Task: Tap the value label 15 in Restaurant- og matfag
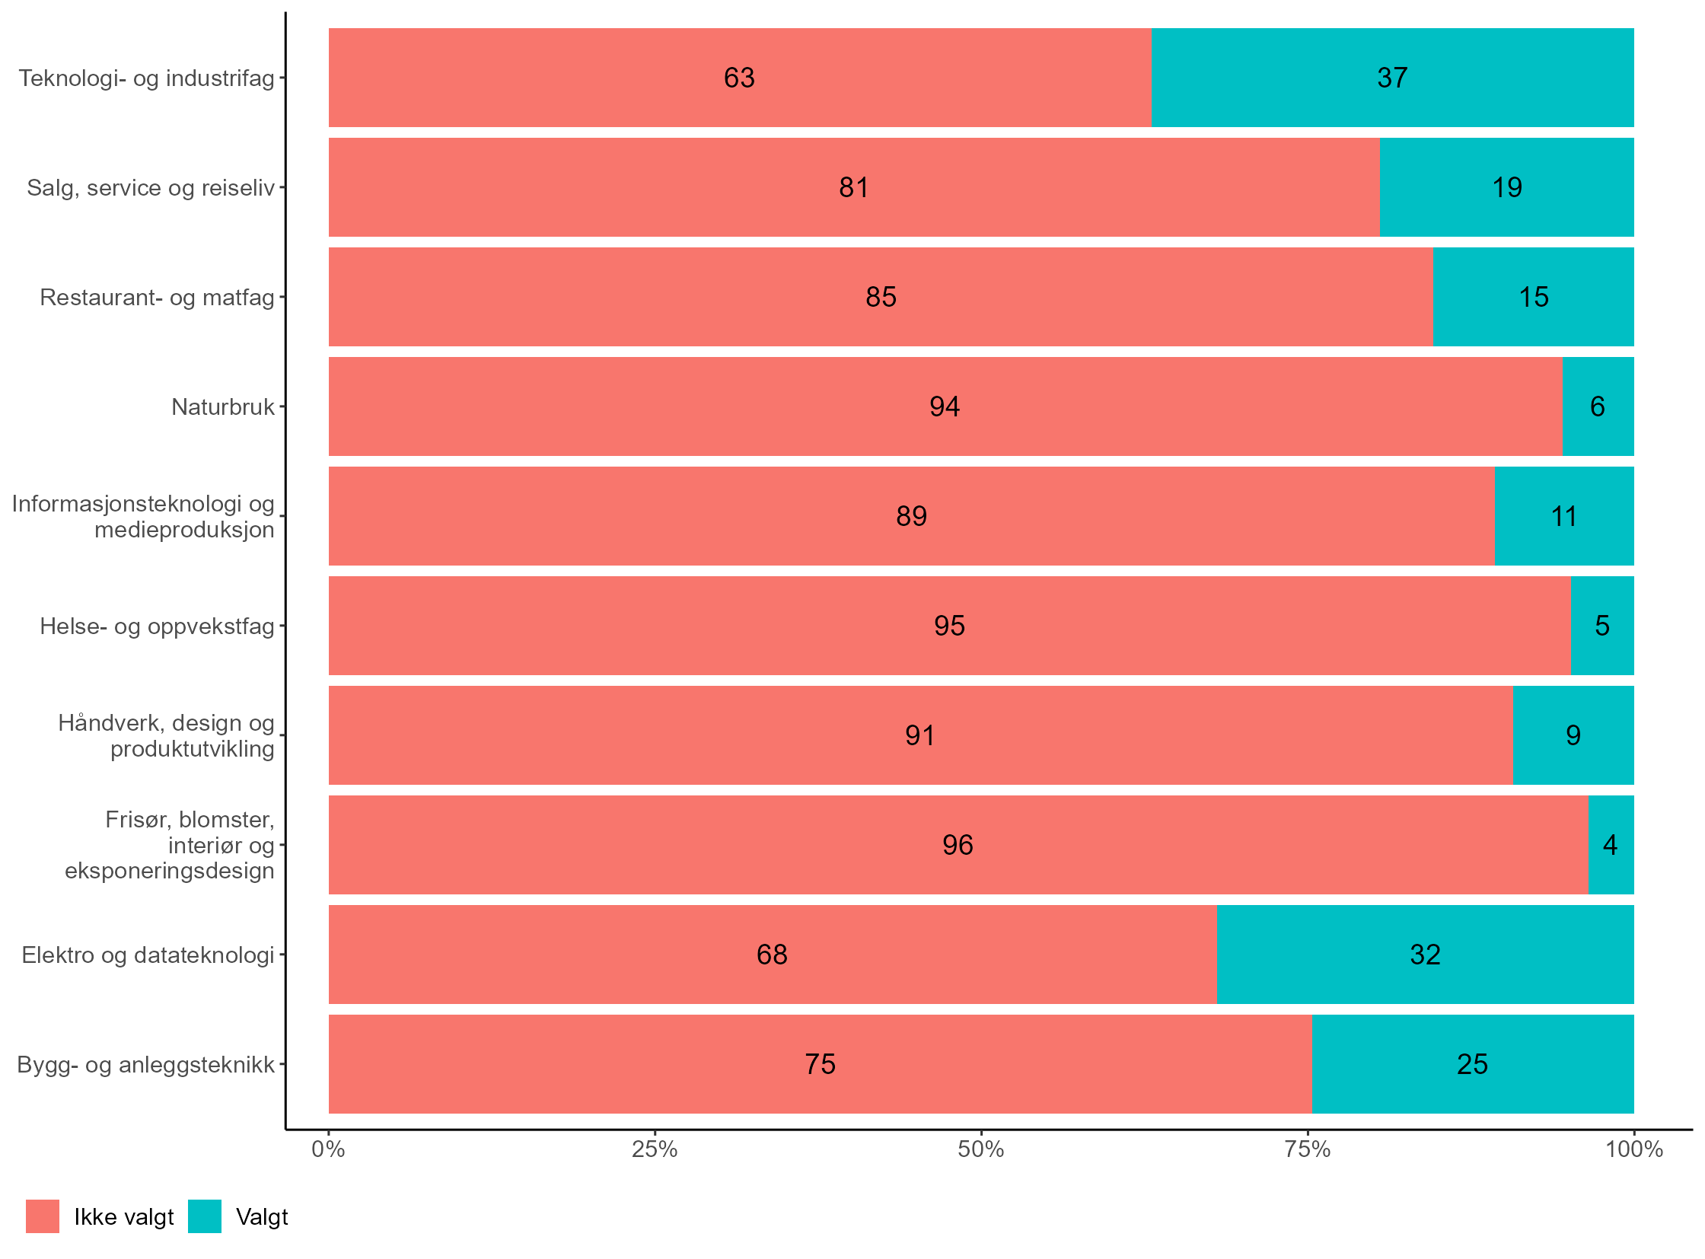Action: [1533, 297]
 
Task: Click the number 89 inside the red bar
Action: [911, 517]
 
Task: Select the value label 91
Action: [919, 736]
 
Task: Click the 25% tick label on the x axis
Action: [654, 1149]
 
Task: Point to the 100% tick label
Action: [1633, 1149]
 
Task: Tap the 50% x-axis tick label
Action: [980, 1149]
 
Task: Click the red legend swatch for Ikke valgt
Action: [42, 1217]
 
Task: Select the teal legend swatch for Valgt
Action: [204, 1217]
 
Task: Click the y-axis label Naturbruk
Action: [222, 407]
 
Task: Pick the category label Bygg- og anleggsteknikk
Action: [145, 1065]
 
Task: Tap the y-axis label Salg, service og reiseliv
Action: [150, 187]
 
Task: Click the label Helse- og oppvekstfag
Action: [157, 626]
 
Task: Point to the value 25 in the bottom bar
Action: [1472, 1065]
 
